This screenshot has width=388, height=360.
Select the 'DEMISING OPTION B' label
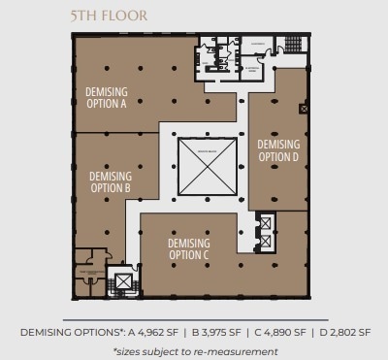110,181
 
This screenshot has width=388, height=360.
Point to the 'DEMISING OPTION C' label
188,248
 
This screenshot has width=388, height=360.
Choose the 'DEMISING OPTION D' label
278,149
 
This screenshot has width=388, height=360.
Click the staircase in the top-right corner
290,45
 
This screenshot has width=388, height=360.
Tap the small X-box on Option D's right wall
305,110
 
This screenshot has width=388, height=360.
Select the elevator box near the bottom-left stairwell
123,283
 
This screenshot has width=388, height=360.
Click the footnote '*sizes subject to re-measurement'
195,350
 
